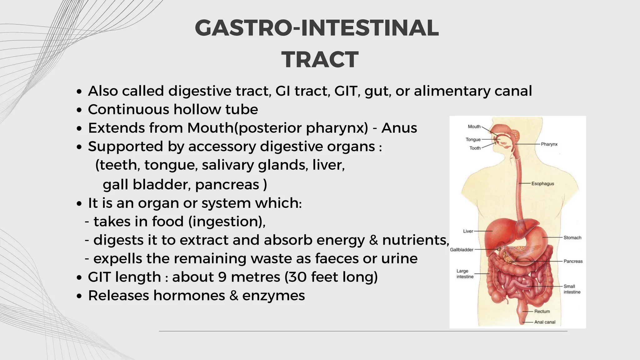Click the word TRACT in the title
coord(320,60)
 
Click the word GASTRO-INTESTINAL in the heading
coord(317,28)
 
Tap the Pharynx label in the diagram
coord(549,144)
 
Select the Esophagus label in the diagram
coord(542,183)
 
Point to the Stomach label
coord(572,237)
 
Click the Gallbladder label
coord(462,250)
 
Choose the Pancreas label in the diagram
coord(573,261)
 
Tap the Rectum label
coord(542,311)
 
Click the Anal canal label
coord(545,322)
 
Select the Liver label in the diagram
coord(468,231)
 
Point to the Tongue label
coord(473,139)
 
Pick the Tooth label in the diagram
coord(475,148)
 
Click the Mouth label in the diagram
coord(474,127)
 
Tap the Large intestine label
coord(465,274)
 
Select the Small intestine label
coord(572,289)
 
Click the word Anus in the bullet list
coord(399,128)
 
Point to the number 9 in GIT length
coord(222,277)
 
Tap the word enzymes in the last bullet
coord(273,296)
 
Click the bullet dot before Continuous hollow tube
coord(79,110)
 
